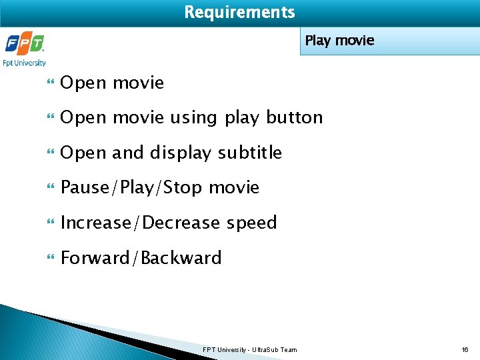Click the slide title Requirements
tap(239, 12)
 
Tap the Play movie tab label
tap(339, 41)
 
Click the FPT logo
tap(24, 45)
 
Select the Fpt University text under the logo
tap(25, 63)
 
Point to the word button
tap(294, 118)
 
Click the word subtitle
tap(249, 153)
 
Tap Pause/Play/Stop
tap(132, 188)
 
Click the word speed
tap(251, 223)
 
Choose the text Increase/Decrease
tap(140, 223)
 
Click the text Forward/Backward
tap(141, 258)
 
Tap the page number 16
tap(465, 349)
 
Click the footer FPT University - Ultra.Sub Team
tap(250, 349)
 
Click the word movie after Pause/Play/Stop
tap(234, 188)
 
